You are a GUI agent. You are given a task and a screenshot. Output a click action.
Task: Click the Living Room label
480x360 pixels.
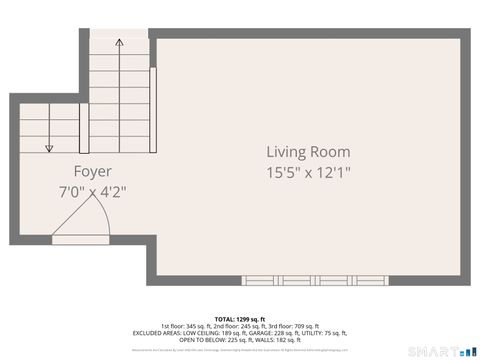308,152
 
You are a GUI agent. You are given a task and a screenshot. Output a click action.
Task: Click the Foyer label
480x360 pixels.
92,171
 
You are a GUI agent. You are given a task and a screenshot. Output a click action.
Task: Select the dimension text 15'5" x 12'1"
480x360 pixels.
308,172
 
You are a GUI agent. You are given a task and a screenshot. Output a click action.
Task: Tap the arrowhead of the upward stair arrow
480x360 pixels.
119,43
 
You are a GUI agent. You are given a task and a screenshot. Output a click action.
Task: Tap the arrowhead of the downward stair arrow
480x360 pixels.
49,149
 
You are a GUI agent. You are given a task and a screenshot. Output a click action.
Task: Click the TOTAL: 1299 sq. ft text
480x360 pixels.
239,318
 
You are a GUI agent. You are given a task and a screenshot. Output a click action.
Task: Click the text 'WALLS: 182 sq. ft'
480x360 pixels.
281,340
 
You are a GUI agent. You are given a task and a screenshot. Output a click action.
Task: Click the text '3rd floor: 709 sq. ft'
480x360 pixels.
297,326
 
